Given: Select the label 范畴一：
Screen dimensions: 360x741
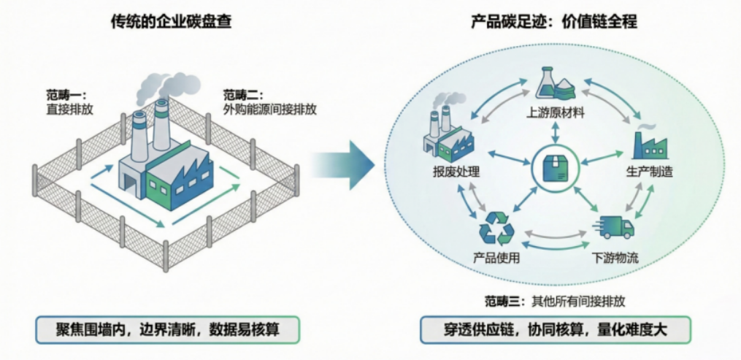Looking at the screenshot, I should (66, 96).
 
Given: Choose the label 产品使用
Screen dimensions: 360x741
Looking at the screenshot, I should (496, 258).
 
